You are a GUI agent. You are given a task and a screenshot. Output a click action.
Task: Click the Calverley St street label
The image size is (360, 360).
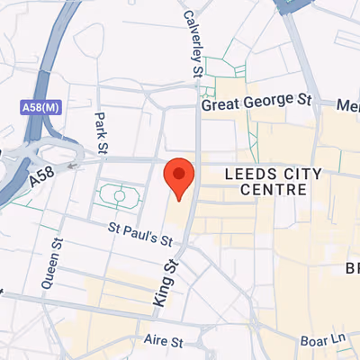(x=191, y=43)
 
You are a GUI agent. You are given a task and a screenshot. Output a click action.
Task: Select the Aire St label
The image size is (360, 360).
(x=163, y=342)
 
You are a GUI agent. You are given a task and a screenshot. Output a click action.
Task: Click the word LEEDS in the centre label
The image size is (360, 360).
(x=247, y=171)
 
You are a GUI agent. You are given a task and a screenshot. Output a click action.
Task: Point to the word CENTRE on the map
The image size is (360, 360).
(x=274, y=190)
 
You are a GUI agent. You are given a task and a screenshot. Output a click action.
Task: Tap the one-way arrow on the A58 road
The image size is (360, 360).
(x=73, y=165)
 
